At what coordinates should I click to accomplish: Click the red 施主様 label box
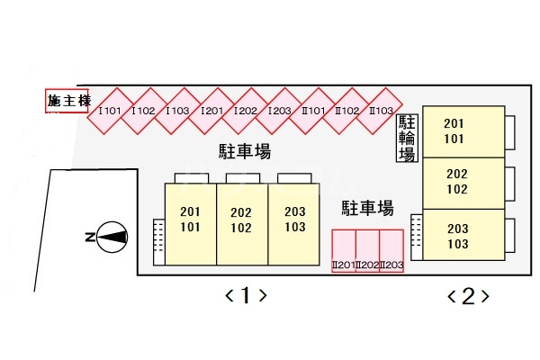[67, 101]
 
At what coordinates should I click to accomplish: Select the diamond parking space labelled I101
[110, 111]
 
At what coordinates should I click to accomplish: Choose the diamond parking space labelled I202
[246, 111]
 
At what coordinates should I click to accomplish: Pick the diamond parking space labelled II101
[312, 111]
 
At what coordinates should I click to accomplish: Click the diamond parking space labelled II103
[381, 111]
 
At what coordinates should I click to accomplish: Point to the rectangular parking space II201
[343, 252]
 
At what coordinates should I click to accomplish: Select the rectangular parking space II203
[391, 252]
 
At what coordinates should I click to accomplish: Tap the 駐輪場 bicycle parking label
[407, 138]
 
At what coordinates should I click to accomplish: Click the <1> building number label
[245, 294]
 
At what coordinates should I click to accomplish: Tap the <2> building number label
[468, 294]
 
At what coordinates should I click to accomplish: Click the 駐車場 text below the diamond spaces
[245, 150]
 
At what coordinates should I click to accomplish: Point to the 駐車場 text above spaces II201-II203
[367, 209]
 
